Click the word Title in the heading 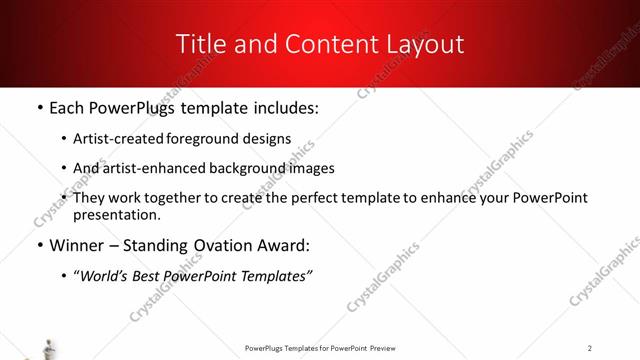(x=200, y=44)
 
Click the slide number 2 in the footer (x=590, y=348)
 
